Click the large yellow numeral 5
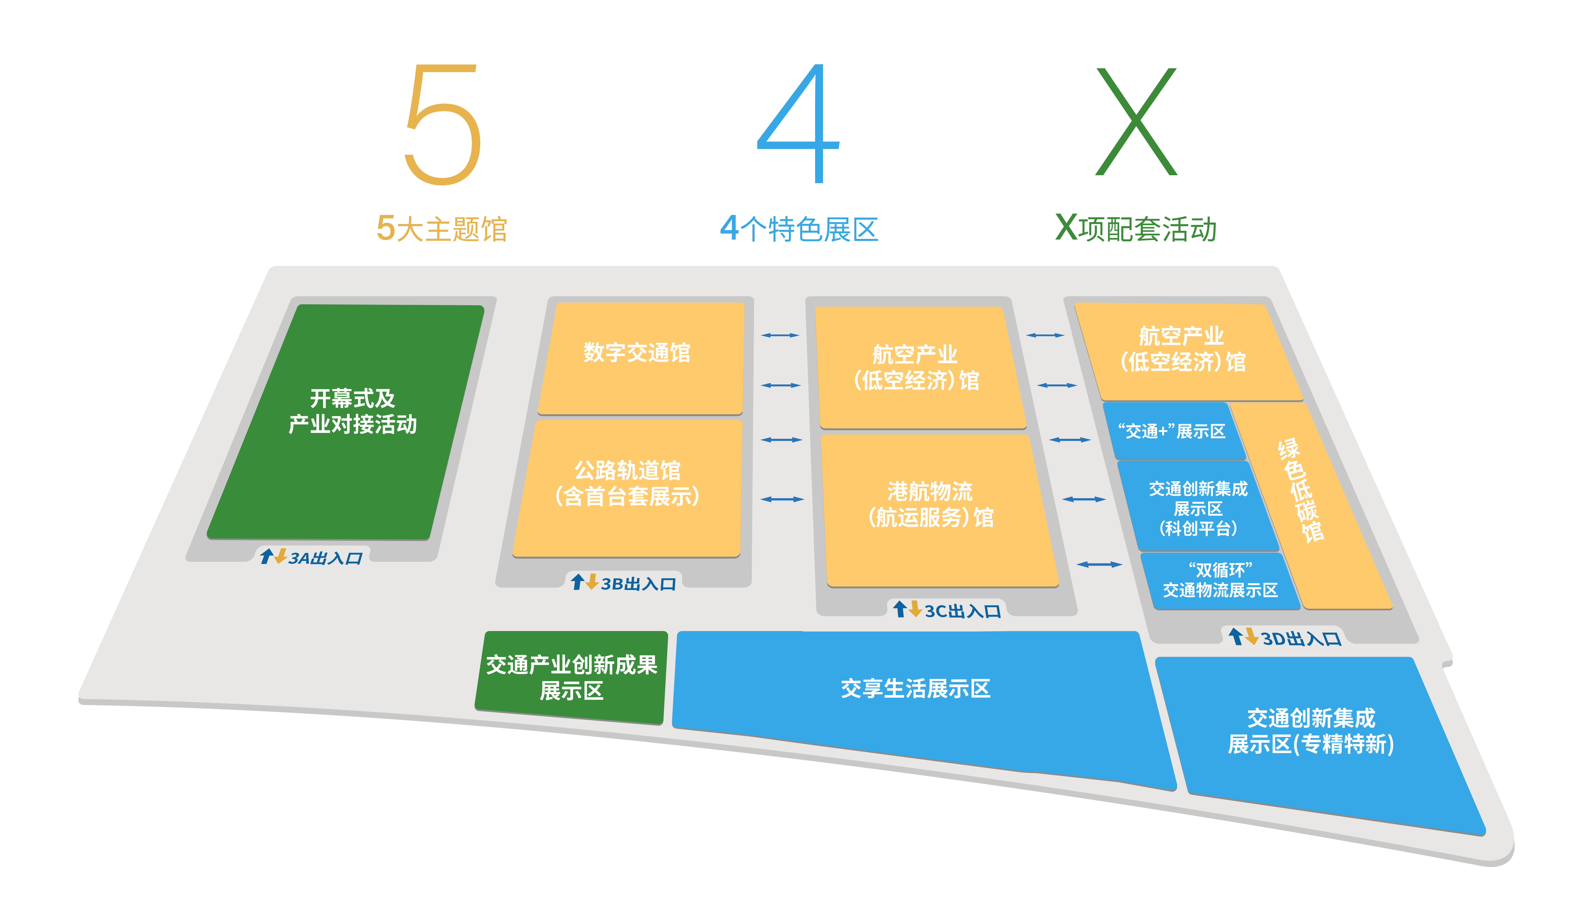(x=443, y=124)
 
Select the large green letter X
(x=1136, y=122)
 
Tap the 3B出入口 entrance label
(x=623, y=583)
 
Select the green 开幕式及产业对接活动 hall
(x=346, y=421)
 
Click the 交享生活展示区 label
(x=915, y=688)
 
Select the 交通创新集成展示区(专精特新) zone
(x=1311, y=731)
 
